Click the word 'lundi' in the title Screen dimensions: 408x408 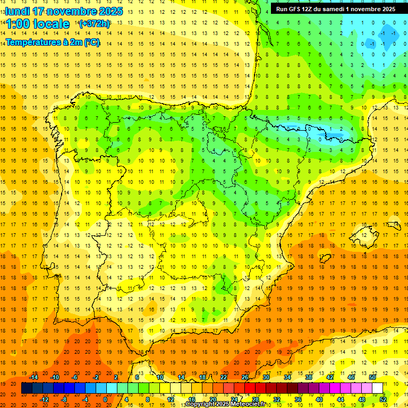point(16,11)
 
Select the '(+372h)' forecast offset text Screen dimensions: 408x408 point(94,24)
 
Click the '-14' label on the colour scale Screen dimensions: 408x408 point(35,377)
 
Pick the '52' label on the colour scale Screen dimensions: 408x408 point(383,399)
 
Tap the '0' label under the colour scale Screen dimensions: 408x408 point(105,399)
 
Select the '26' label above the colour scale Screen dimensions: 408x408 point(245,377)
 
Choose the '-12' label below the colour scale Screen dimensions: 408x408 point(45,399)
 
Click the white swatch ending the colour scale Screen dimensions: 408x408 point(378,388)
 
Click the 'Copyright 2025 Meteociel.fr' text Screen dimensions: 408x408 point(225,404)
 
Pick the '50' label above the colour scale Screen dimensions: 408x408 point(372,377)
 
